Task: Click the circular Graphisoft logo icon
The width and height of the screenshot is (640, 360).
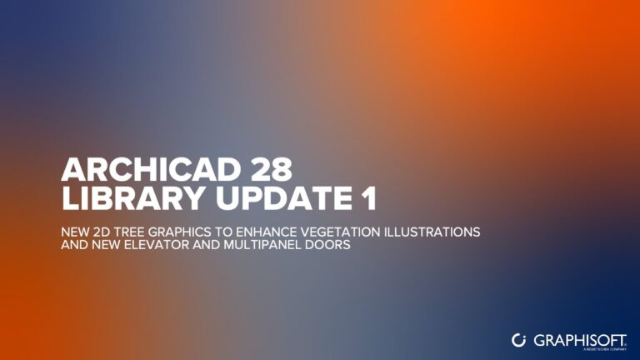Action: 518,339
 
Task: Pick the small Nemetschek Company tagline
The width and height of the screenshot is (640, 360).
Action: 605,350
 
